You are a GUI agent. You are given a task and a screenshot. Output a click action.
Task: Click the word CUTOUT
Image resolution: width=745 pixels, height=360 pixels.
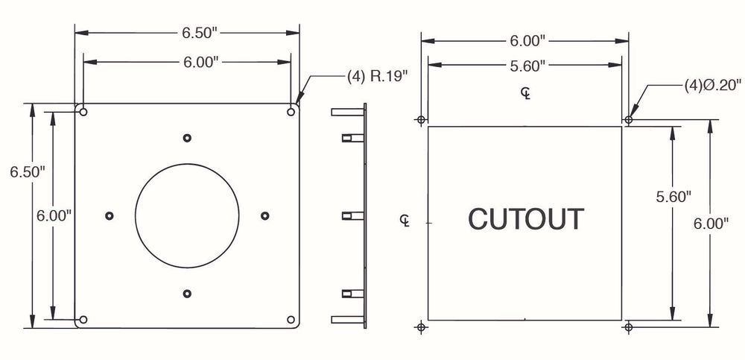[526, 219]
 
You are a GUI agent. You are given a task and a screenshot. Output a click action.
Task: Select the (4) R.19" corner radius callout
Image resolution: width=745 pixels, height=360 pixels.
[378, 77]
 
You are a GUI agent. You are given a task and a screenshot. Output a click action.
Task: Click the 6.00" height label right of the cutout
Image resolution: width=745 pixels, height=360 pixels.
[711, 223]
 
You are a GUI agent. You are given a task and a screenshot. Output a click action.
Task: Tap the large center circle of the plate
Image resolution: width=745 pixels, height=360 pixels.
[187, 215]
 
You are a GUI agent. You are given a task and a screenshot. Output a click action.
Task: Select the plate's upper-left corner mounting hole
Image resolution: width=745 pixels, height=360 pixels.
[83, 113]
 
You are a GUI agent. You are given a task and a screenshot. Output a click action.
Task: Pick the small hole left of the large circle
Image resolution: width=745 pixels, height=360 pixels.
[110, 215]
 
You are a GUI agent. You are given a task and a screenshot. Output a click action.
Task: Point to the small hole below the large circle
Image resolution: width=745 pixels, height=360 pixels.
[187, 293]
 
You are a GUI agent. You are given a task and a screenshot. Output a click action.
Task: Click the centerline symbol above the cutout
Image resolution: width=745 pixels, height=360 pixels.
[526, 93]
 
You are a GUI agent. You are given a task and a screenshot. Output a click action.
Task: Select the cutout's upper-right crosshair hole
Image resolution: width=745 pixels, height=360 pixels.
[629, 119]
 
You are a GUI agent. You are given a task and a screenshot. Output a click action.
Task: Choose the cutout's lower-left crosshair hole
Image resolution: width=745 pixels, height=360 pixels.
[422, 326]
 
